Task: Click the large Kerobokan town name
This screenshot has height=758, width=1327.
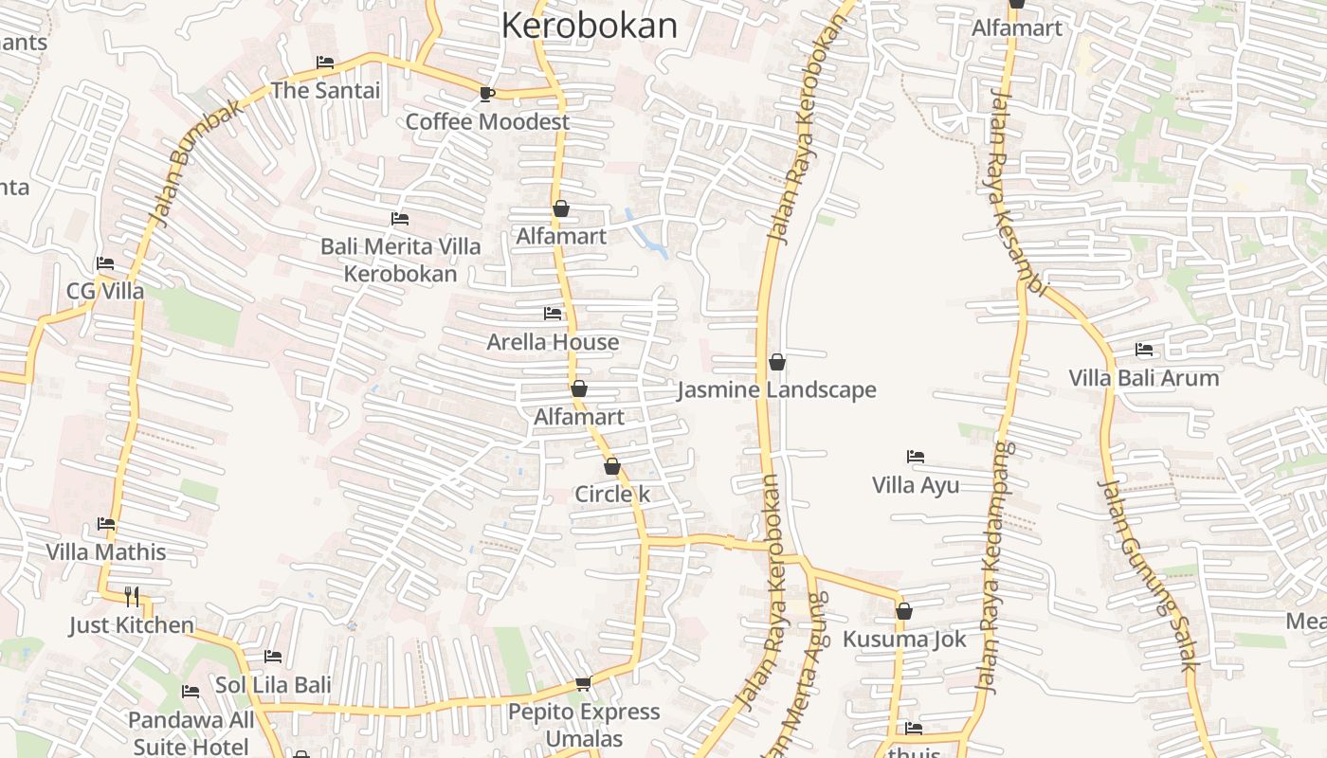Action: [x=589, y=26]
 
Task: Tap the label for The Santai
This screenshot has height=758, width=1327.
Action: [x=325, y=91]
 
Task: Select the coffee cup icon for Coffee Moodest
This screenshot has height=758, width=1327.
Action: [x=486, y=93]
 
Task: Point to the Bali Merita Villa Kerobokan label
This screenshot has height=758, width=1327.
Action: [x=400, y=260]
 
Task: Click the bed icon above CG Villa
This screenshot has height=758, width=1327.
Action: [x=104, y=262]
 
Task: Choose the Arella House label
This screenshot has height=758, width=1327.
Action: [x=553, y=342]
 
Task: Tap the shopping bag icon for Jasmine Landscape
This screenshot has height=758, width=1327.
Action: [x=776, y=362]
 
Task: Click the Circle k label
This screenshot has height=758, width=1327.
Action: [x=612, y=495]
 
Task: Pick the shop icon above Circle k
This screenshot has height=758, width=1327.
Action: [x=612, y=466]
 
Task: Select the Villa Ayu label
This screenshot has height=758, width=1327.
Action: [x=916, y=485]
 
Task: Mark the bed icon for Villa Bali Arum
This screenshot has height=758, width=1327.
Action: [x=1144, y=350]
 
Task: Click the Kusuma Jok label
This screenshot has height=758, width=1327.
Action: [x=904, y=639]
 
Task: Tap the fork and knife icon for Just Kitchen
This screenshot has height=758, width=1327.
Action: [x=132, y=597]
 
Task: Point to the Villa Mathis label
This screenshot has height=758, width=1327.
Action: [x=106, y=551]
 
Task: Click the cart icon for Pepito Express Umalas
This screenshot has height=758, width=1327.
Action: [x=583, y=683]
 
